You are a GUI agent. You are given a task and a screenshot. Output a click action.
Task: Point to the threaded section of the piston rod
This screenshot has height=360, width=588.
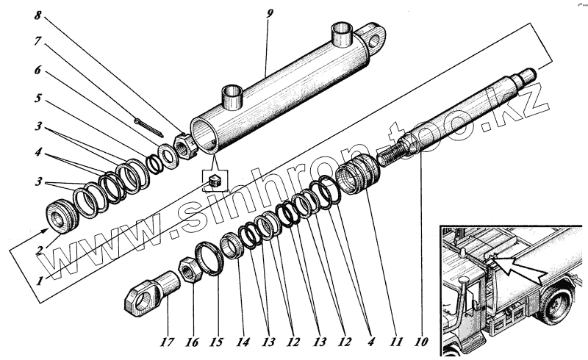click(x=394, y=156)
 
